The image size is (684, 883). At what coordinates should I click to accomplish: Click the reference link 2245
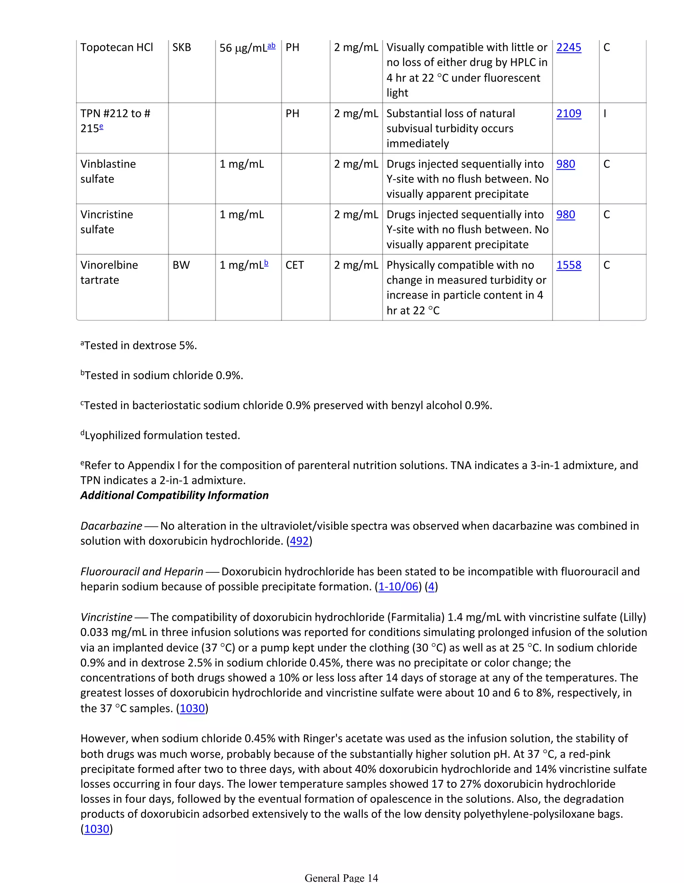click(568, 48)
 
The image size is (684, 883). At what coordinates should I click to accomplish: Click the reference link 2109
click(568, 114)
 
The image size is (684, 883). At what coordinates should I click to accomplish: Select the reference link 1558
click(568, 265)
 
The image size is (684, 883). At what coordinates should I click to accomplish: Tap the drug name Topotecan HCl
click(117, 48)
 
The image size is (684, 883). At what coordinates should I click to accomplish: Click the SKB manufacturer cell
click(181, 48)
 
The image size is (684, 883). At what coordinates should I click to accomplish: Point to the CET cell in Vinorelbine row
click(294, 265)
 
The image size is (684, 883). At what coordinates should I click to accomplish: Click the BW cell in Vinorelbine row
click(181, 265)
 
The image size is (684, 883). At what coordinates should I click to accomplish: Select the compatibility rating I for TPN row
click(605, 114)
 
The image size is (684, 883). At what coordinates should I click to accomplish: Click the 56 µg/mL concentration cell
click(247, 48)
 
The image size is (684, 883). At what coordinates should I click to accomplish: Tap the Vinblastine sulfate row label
click(108, 171)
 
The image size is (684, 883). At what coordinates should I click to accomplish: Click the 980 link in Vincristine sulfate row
click(565, 215)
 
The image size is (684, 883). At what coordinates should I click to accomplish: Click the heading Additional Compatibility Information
click(174, 495)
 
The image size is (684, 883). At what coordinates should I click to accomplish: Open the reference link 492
click(299, 541)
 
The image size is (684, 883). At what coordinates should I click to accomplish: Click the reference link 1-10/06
click(398, 587)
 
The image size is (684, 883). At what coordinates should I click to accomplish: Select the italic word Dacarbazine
click(111, 526)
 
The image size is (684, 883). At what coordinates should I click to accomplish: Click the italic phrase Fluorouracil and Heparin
click(142, 572)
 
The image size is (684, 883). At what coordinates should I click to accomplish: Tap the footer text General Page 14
click(341, 878)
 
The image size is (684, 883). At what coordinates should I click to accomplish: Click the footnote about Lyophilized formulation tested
click(161, 435)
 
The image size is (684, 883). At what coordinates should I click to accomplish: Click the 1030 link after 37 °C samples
click(192, 708)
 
